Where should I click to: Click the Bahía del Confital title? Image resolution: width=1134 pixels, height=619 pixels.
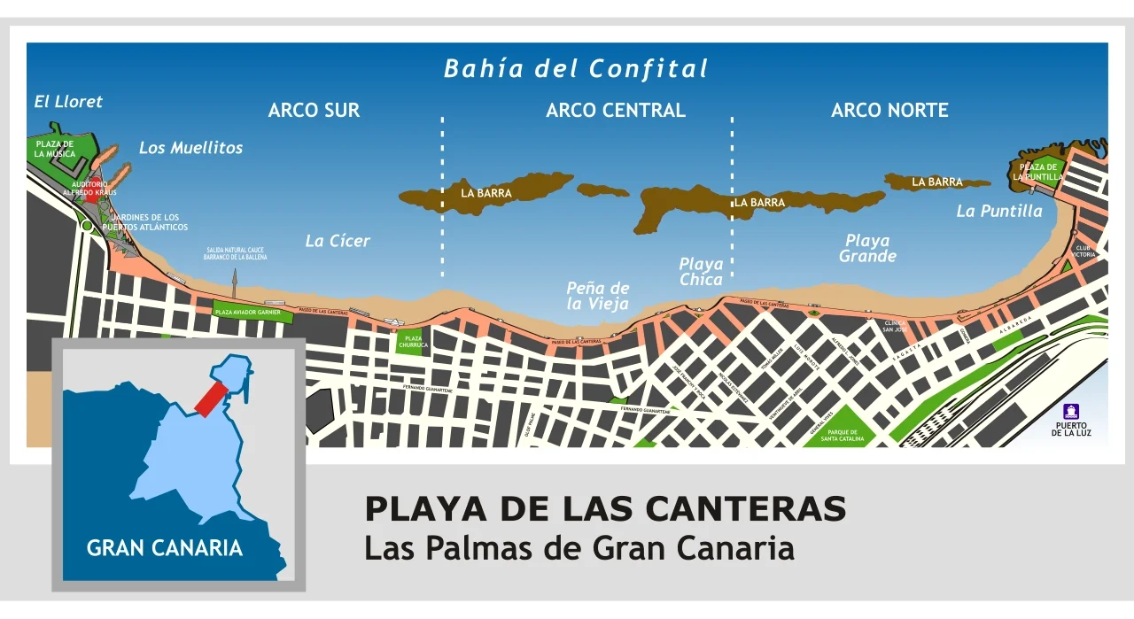(576, 69)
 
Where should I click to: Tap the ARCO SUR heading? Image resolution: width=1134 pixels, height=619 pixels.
(314, 111)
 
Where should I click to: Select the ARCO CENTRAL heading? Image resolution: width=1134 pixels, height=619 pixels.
(615, 111)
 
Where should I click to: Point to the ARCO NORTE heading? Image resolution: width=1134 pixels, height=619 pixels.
(889, 111)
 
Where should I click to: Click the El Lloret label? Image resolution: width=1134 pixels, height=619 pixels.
(68, 102)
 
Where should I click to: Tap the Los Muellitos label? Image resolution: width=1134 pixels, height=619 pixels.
(190, 148)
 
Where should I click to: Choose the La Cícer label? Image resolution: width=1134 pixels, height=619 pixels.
(338, 241)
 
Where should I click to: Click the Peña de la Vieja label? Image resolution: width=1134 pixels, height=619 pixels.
(598, 296)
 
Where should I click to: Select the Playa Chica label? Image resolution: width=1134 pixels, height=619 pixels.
(701, 271)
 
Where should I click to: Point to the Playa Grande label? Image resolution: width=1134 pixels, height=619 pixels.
(867, 248)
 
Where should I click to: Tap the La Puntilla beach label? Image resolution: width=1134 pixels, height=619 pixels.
(999, 212)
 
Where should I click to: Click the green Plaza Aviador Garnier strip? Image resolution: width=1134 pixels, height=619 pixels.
(248, 312)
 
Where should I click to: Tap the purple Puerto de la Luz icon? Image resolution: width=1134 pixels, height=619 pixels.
(1070, 412)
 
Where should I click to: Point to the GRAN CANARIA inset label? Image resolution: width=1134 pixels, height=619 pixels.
(164, 548)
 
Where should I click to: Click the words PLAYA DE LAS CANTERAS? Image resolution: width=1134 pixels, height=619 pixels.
(605, 509)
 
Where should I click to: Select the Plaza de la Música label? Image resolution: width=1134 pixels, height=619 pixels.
(54, 149)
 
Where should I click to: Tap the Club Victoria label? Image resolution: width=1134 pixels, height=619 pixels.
(1084, 251)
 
